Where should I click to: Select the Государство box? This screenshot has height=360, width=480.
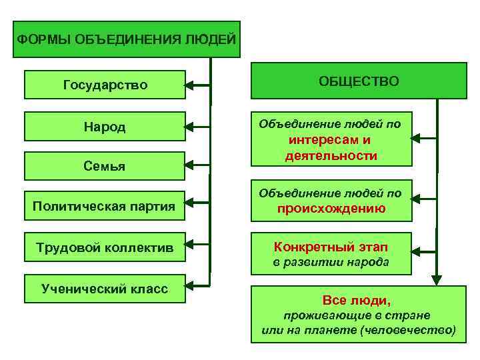coord(105,85)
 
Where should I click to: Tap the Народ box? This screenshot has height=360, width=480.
coord(105,126)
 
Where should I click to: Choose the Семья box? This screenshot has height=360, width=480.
coord(105,165)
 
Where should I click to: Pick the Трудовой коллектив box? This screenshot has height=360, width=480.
coord(105,247)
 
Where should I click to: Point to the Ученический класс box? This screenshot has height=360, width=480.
coord(105,289)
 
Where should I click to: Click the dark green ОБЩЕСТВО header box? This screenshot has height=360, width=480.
coord(359,81)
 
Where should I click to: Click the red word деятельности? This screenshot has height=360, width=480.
coord(331,155)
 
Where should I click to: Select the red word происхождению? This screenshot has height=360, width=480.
coord(331,208)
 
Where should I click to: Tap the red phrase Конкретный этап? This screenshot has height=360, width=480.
coord(331,247)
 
